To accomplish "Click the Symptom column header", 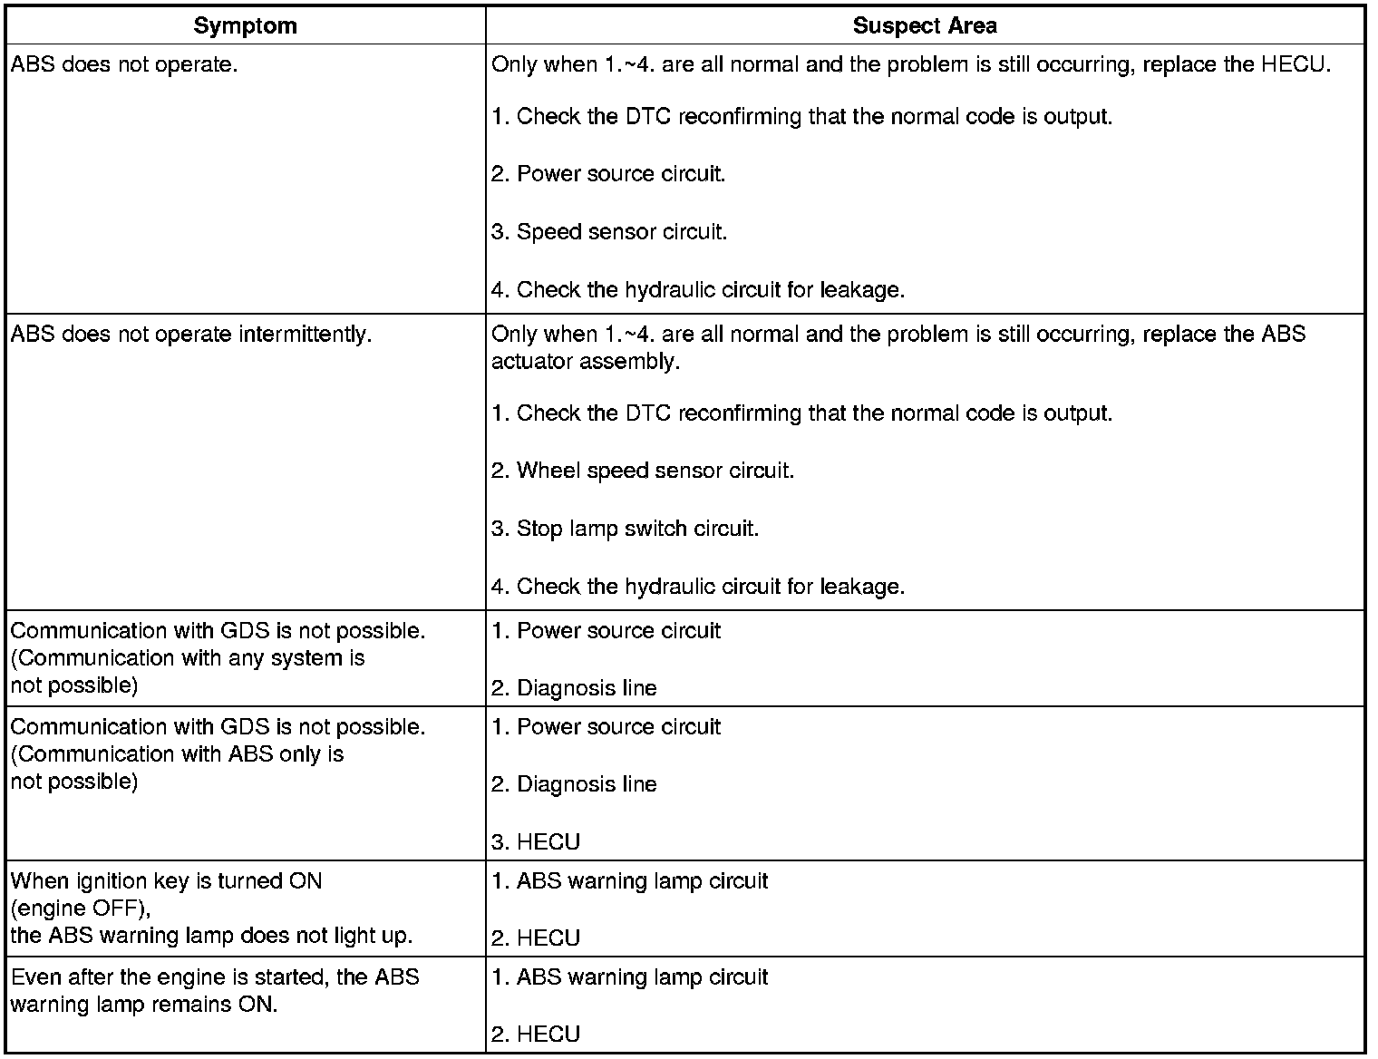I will pyautogui.click(x=245, y=25).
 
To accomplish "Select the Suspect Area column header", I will pyautogui.click(x=924, y=25).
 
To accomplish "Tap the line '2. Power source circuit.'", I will pyautogui.click(x=608, y=174).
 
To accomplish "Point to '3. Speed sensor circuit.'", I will pyautogui.click(x=609, y=232).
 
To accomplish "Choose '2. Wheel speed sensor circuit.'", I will pyautogui.click(x=643, y=471).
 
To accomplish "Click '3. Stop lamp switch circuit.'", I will pyautogui.click(x=625, y=529).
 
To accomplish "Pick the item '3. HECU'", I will pyautogui.click(x=536, y=842).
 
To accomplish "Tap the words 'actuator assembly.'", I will pyautogui.click(x=585, y=362).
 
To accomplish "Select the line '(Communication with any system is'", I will pyautogui.click(x=188, y=658).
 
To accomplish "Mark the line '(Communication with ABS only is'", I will pyautogui.click(x=177, y=754).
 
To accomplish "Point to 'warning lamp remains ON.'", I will pyautogui.click(x=144, y=1005).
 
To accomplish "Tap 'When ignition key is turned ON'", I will pyautogui.click(x=166, y=881).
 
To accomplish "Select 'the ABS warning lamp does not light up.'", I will pyautogui.click(x=211, y=936).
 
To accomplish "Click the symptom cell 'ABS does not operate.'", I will pyautogui.click(x=124, y=65).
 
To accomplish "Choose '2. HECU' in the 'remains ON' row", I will pyautogui.click(x=536, y=1035).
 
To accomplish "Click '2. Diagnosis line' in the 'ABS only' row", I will pyautogui.click(x=574, y=784).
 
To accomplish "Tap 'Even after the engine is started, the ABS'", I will pyautogui.click(x=215, y=977).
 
